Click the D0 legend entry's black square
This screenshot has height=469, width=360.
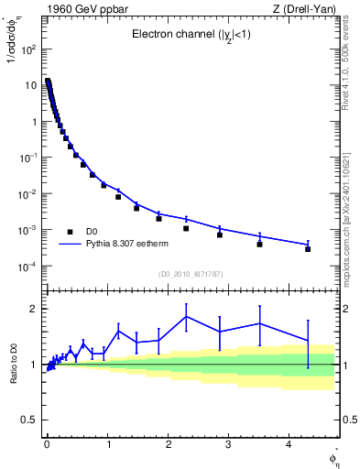[70, 232]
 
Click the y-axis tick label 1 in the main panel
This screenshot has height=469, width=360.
[33, 121]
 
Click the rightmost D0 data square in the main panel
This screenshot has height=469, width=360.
[308, 249]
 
